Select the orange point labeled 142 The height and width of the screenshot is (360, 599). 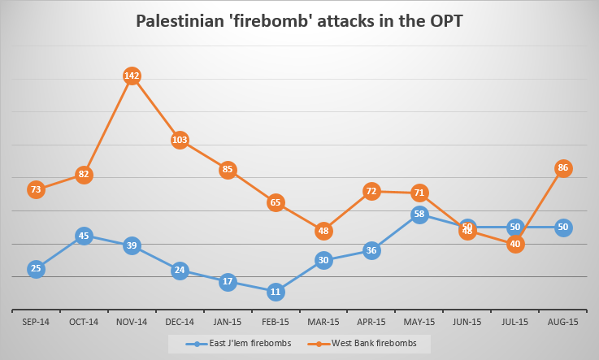point(132,76)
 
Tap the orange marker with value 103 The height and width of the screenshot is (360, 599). point(180,140)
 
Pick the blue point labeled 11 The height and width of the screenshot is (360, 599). point(276,291)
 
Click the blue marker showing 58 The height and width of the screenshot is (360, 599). point(419,215)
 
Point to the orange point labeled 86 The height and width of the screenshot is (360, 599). point(562,168)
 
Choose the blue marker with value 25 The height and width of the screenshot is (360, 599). point(36,269)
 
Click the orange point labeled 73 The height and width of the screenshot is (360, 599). point(36,189)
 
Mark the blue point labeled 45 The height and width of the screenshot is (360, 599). point(84,236)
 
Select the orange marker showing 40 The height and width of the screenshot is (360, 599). point(514,244)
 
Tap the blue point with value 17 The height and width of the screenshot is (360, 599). point(228,282)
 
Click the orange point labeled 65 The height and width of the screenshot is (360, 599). point(276,202)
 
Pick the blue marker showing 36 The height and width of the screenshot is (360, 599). point(371,250)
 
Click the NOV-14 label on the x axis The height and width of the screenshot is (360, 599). point(132,322)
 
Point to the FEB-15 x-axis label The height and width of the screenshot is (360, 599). point(276,322)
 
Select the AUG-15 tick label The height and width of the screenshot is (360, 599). point(562,322)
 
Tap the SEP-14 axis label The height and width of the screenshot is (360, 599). point(36,322)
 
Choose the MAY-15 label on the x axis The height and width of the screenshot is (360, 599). point(419,322)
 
